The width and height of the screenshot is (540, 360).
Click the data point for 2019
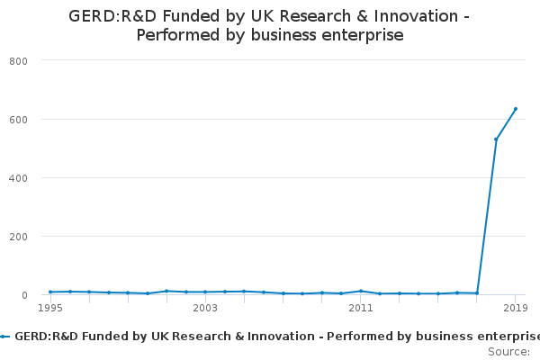pos(516,109)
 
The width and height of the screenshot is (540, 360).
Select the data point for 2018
pos(496,139)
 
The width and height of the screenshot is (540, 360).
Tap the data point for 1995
pos(50,292)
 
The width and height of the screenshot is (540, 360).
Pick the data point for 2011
pos(361,292)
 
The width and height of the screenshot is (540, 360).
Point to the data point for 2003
pos(205,292)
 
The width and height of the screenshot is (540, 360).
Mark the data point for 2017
pos(477,293)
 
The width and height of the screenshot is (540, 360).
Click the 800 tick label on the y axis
pos(18,61)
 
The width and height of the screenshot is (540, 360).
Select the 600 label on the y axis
pos(18,120)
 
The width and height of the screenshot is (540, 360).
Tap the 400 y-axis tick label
pos(18,178)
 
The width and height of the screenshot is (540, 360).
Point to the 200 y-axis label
pos(18,237)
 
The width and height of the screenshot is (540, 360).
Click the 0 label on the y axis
pos(24,295)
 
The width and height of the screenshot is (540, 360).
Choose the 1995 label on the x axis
pos(50,308)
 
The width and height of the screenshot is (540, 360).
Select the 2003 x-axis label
pos(205,308)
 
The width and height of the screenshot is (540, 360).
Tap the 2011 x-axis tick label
pos(361,308)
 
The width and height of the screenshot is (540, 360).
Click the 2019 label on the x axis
pos(516,308)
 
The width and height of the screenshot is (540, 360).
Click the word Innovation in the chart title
pos(416,16)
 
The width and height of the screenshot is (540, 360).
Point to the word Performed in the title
pos(178,35)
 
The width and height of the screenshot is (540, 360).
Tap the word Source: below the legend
pos(509,352)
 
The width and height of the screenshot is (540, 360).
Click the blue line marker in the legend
pos(4,337)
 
